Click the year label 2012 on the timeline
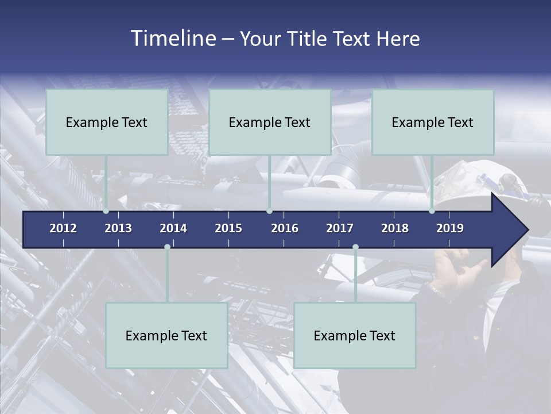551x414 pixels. click(x=63, y=228)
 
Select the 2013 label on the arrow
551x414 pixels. click(x=118, y=228)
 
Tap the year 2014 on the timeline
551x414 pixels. click(x=173, y=228)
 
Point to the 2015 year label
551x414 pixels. click(x=228, y=228)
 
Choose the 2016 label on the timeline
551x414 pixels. click(x=285, y=228)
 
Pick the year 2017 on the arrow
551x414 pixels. click(x=340, y=228)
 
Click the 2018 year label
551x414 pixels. click(x=395, y=228)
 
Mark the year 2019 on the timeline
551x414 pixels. click(x=450, y=228)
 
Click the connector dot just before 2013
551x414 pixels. click(x=106, y=211)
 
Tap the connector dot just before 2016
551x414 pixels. click(x=270, y=211)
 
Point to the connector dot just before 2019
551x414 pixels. click(x=432, y=211)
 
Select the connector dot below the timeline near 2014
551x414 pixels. click(x=167, y=247)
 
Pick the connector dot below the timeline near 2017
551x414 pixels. click(x=355, y=247)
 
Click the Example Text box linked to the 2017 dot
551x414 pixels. click(x=355, y=335)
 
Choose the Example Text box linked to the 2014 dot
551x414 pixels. click(x=166, y=335)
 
